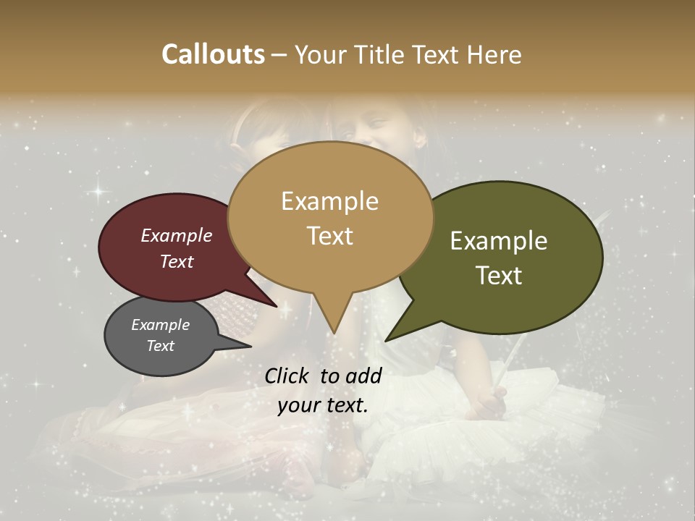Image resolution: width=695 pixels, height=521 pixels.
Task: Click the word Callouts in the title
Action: click(x=213, y=54)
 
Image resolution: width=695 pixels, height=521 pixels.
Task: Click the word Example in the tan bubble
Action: click(x=329, y=201)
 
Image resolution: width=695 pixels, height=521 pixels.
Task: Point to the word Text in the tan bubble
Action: click(x=330, y=235)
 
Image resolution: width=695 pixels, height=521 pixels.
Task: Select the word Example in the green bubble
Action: click(x=499, y=241)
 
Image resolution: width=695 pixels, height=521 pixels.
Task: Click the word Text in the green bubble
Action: click(x=499, y=275)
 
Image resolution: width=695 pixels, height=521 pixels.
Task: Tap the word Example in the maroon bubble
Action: click(x=176, y=235)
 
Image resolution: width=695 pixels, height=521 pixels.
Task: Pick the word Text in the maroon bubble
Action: click(x=176, y=261)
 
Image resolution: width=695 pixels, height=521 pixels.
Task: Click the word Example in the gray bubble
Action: click(x=160, y=325)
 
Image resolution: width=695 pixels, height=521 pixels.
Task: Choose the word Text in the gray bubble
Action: click(x=160, y=346)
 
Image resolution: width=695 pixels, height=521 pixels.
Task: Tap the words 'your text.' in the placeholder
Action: click(x=323, y=405)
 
